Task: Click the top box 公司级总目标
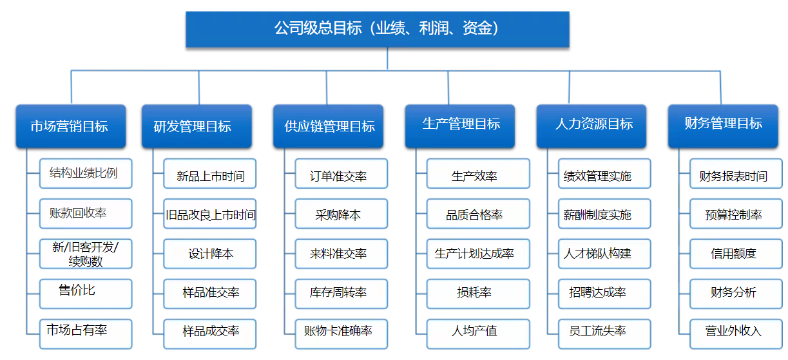tap(378, 29)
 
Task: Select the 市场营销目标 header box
tap(71, 126)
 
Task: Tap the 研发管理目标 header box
tap(197, 126)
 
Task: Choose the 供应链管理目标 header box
tap(328, 126)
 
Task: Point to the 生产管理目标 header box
tap(460, 126)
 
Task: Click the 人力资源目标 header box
tap(591, 126)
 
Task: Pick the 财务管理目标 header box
tap(723, 126)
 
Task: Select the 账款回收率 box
tap(86, 214)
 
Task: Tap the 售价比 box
tap(86, 294)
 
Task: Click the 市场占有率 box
tap(86, 334)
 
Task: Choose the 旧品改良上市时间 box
tap(210, 214)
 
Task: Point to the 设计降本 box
tap(210, 254)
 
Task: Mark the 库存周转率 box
tap(341, 294)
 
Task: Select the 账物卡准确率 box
tap(341, 334)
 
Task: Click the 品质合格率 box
tap(479, 214)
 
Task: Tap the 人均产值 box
tap(479, 334)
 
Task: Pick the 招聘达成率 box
tap(605, 294)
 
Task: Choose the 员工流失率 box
tap(605, 334)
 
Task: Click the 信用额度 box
tap(736, 254)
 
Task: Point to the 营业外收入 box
tap(736, 334)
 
